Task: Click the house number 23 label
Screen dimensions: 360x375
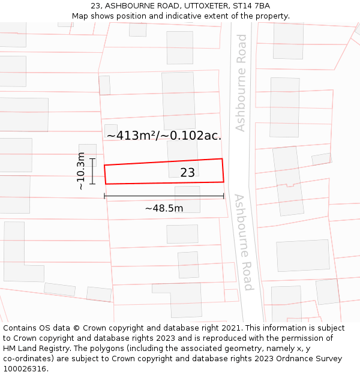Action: tap(187, 173)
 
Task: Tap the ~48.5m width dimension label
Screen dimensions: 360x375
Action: tap(164, 208)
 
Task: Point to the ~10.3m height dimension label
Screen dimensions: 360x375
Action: tap(81, 171)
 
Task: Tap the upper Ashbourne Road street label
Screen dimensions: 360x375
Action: tap(241, 83)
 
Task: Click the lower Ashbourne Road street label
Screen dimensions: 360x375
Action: tap(244, 242)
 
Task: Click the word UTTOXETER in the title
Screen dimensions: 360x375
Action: tap(191, 6)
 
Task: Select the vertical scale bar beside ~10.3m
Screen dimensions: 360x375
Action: tap(92, 171)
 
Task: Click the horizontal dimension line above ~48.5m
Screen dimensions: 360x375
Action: tap(164, 196)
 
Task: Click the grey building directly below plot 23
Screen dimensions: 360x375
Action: tap(187, 199)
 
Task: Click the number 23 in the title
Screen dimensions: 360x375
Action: tap(95, 6)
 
